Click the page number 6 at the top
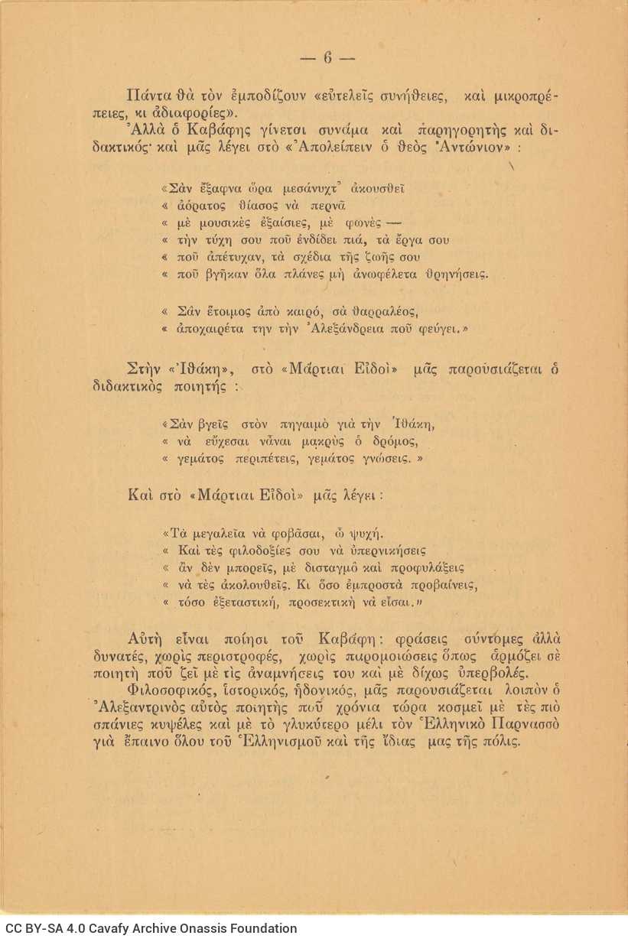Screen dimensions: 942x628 (x=327, y=58)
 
